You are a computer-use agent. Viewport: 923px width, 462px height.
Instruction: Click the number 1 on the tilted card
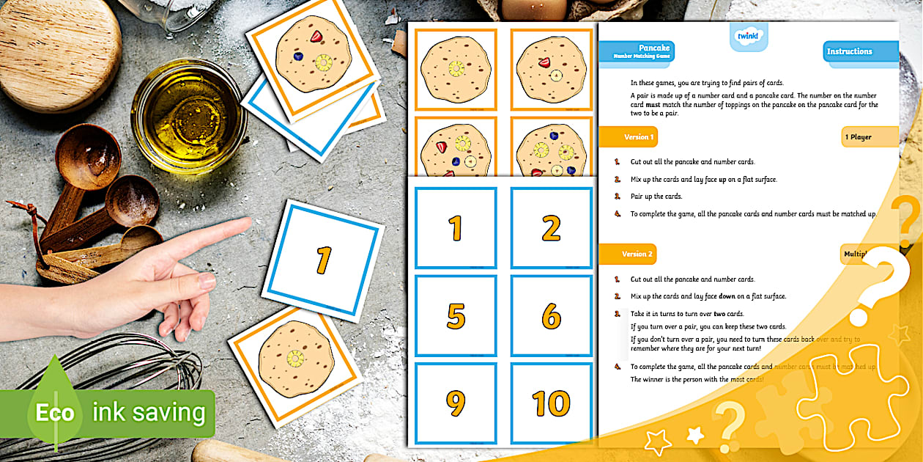pos(323,260)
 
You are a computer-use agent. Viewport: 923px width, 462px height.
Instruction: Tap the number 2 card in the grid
pos(551,228)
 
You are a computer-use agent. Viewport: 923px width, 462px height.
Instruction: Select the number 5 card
pos(456,316)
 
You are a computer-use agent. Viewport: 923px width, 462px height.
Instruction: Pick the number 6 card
pos(551,316)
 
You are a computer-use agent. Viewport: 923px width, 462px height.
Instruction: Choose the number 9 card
pos(456,403)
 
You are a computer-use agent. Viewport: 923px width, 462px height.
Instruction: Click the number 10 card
pos(551,403)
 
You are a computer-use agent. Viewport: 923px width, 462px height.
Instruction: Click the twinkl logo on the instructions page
pos(748,36)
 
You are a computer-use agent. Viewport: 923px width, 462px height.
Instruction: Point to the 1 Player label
pos(868,137)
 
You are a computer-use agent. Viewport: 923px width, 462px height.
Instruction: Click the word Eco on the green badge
pos(56,413)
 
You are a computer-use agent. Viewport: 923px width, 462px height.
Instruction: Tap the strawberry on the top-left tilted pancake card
pos(316,37)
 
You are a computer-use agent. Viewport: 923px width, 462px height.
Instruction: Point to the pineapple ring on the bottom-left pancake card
pos(296,359)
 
